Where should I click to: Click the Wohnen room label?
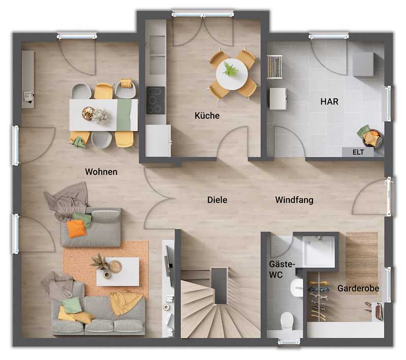tap(101, 172)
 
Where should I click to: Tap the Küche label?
tap(207, 116)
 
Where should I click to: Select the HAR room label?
tap(329, 101)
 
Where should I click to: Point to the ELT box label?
tap(358, 152)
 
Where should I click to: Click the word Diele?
tap(217, 200)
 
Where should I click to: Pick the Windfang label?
tap(294, 200)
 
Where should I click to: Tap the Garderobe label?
tap(358, 289)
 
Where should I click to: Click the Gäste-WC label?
tap(282, 269)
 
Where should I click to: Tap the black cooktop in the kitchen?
tap(156, 100)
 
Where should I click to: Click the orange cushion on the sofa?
tap(77, 229)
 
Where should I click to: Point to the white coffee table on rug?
tap(118, 271)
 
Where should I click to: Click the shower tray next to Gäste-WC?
tap(318, 251)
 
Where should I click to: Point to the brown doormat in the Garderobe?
tap(362, 256)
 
